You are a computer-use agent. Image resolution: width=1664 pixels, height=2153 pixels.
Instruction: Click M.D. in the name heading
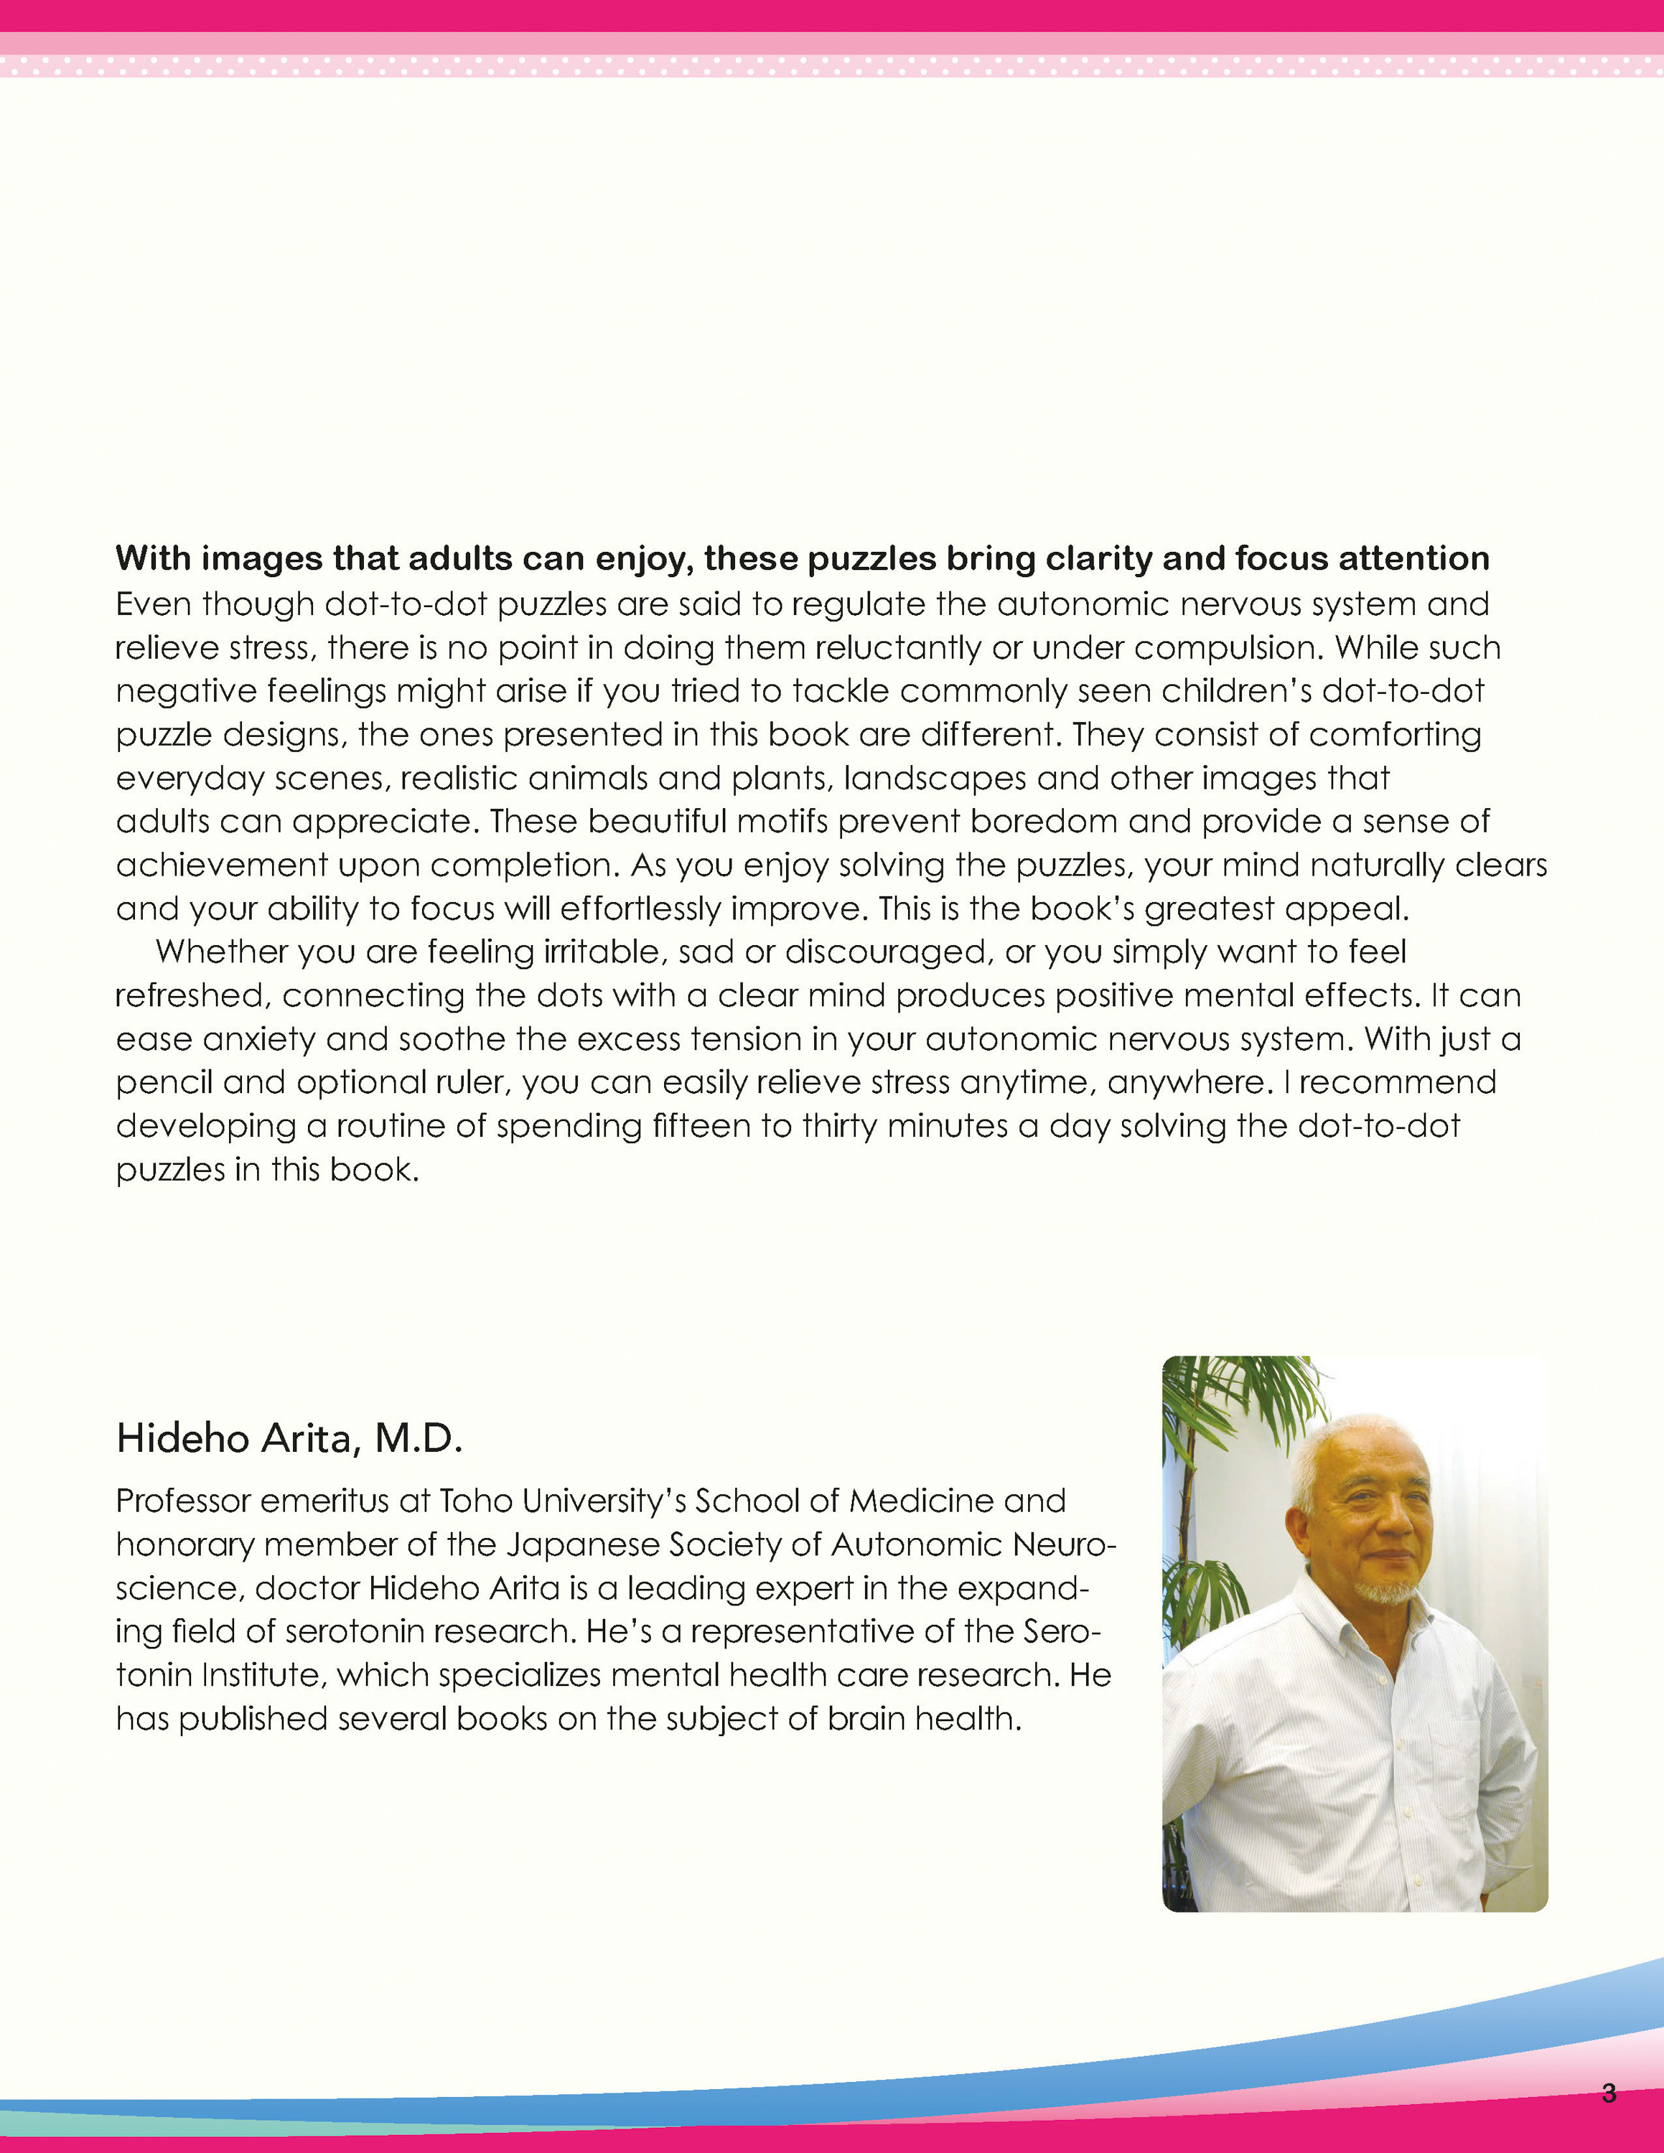[418, 1439]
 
